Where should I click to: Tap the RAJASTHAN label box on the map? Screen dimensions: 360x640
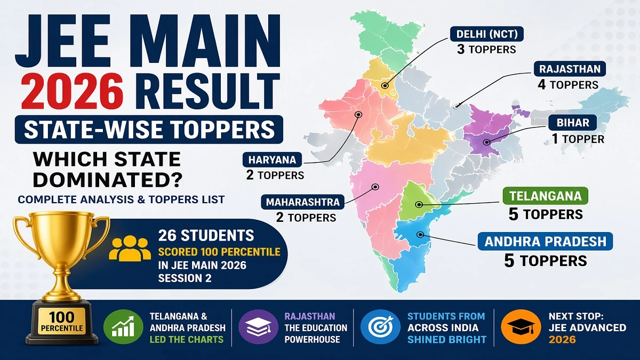pos(569,69)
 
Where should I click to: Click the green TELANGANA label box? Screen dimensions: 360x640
pos(545,196)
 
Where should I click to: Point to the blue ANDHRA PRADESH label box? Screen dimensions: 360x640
pos(545,242)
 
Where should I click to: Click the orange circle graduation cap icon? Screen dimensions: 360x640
pos(518,326)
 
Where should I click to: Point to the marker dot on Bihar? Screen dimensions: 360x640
pos(486,142)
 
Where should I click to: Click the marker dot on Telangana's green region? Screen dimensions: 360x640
pos(419,204)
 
